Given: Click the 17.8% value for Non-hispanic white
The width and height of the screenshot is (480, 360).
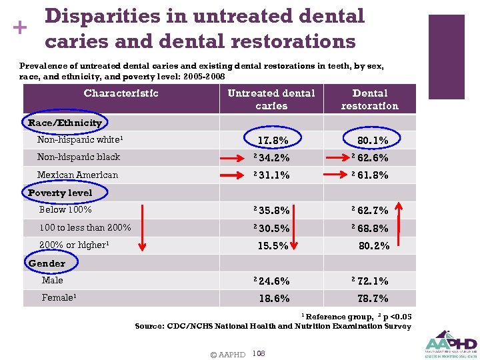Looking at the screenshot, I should [273, 141].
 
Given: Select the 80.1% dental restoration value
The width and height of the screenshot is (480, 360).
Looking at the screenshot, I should [373, 141].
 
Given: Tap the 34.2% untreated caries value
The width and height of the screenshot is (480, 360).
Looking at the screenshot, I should [273, 158].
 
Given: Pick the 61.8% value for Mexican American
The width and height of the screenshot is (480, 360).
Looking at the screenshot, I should [373, 176].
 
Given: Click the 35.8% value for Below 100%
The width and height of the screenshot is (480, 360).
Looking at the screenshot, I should [273, 211].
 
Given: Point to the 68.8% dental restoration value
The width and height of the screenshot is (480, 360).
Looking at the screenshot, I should [373, 228].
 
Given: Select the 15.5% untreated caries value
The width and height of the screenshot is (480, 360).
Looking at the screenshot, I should [273, 245].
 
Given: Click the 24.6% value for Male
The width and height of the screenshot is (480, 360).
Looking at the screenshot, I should [273, 281].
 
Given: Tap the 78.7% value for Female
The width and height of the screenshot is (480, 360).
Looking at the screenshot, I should [373, 299].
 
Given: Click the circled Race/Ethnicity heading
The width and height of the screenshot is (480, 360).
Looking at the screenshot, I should [65, 123].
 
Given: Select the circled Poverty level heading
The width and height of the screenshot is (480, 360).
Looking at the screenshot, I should [60, 193].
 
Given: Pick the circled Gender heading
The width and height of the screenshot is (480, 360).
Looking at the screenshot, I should [47, 263].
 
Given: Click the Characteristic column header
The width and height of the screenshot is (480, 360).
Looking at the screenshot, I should [121, 93].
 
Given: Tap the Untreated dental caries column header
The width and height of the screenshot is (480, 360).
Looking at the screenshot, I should [271, 99].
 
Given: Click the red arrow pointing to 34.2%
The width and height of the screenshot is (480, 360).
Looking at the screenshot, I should [236, 158].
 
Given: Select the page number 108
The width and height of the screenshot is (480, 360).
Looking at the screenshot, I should [259, 353].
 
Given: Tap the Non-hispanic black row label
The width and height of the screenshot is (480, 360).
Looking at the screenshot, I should [79, 157].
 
